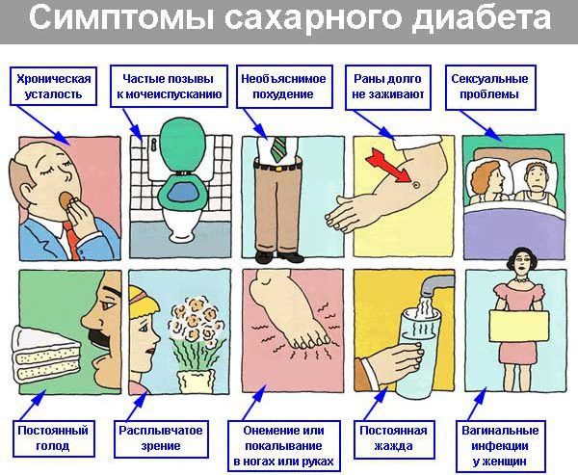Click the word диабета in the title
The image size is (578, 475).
(x=482, y=19)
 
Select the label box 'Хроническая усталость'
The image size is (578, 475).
(x=53, y=87)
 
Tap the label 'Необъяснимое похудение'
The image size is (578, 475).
(x=284, y=87)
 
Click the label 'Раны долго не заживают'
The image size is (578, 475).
(x=388, y=87)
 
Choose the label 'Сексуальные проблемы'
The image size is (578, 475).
(x=490, y=87)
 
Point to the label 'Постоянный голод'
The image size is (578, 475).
(x=53, y=438)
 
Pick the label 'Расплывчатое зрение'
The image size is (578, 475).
(x=161, y=438)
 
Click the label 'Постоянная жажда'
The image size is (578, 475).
(x=394, y=439)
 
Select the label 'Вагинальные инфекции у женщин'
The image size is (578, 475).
(x=500, y=446)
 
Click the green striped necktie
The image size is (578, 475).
(x=278, y=149)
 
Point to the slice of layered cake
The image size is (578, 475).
(x=46, y=355)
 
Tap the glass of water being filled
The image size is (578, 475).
(x=419, y=354)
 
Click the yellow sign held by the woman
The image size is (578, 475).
(x=519, y=326)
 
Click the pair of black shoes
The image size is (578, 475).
(x=278, y=256)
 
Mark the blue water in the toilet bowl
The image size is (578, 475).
(x=183, y=194)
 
